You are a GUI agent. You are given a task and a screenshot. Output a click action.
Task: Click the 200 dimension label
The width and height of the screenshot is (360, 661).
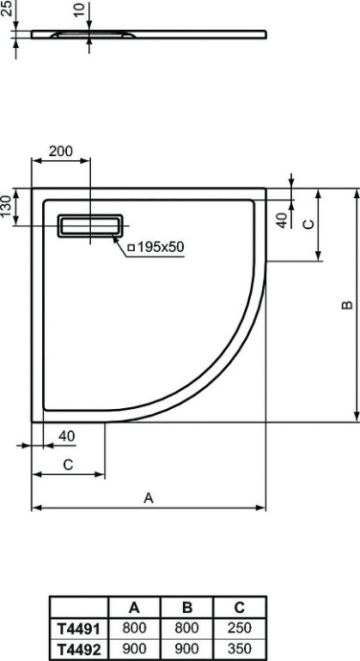60,151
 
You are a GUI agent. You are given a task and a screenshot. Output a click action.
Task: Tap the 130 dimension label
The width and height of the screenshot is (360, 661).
9,207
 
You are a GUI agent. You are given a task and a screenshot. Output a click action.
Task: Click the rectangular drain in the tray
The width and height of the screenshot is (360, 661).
90,226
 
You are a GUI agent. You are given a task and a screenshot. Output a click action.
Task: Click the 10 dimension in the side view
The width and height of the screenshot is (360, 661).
78,11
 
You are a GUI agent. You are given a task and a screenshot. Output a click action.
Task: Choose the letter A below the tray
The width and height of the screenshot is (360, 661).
148,497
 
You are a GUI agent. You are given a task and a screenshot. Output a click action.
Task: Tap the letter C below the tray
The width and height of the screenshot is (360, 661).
68,465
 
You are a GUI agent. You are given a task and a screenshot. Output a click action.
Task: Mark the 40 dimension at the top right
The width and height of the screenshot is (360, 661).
281,219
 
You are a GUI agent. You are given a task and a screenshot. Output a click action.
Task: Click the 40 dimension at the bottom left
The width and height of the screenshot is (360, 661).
66,437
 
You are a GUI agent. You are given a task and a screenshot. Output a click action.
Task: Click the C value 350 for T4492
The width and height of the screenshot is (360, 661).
238,648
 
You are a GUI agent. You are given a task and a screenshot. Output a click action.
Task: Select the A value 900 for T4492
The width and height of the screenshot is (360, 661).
134,648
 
